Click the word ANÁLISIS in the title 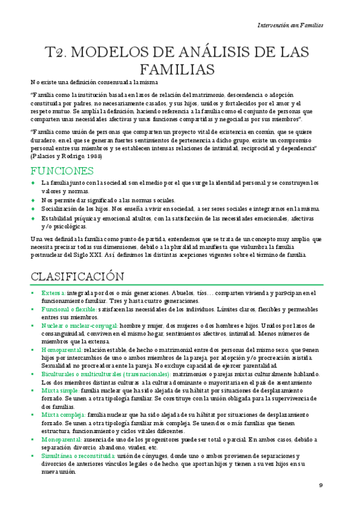(199, 52)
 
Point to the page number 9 (321, 485)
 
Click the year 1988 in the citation (93, 156)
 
